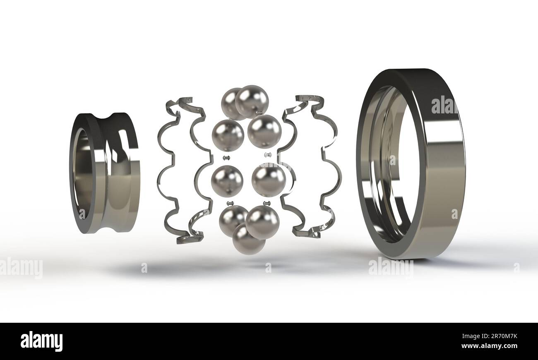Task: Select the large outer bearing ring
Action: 443,166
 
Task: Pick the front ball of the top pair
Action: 252,101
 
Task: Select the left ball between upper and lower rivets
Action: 227,181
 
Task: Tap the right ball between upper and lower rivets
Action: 269,180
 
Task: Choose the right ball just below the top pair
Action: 264,131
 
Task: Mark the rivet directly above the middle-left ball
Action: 226,158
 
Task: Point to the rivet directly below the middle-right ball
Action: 267,203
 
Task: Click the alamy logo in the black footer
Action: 41,341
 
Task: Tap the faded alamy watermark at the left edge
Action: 21,268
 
